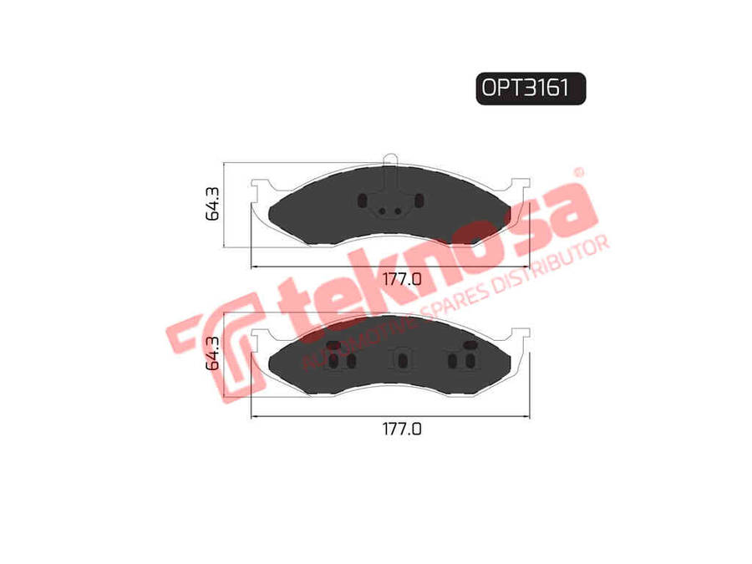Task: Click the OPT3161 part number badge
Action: tap(531, 89)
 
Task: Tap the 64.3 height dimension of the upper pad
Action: tap(212, 204)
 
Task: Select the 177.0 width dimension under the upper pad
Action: tap(402, 278)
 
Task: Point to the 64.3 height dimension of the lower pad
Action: tap(212, 353)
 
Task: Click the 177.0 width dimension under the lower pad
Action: tap(402, 429)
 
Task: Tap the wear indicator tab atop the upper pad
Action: tap(390, 160)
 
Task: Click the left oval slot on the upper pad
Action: tap(363, 201)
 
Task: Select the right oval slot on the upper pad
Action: tap(419, 201)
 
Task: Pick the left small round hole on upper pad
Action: tap(382, 211)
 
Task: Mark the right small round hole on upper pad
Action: tap(398, 211)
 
